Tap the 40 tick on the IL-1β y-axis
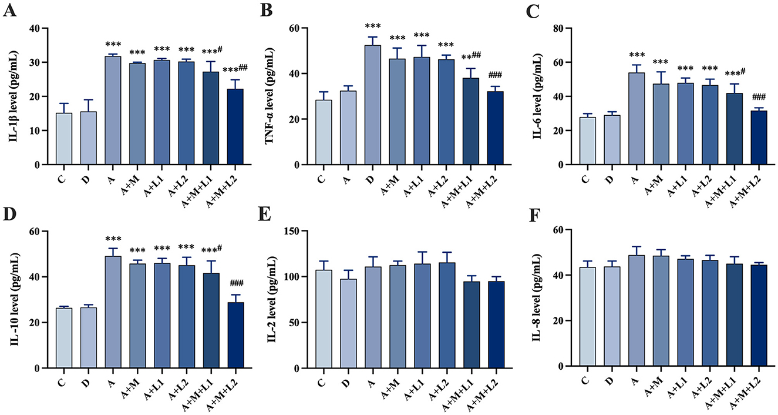pos(39,28)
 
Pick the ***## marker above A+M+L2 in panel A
pos(239,69)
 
